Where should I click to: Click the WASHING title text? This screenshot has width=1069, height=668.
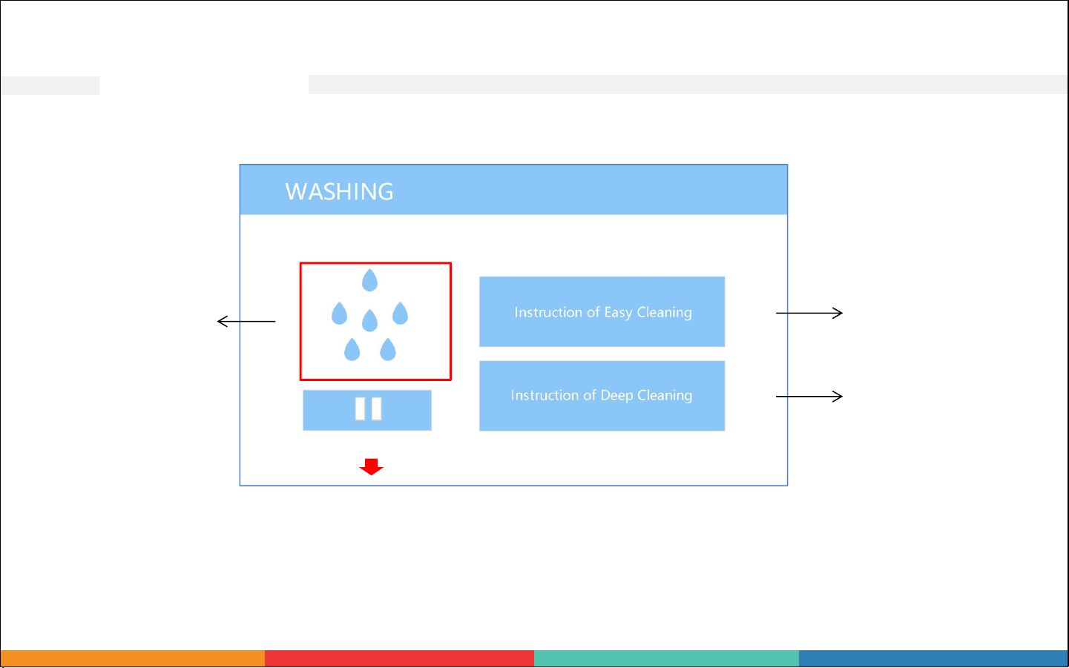339,192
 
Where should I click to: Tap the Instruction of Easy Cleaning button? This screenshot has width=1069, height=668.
602,311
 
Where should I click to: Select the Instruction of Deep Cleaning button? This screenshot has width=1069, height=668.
602,396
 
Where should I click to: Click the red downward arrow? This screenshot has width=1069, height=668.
371,467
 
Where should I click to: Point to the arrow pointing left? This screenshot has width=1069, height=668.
246,321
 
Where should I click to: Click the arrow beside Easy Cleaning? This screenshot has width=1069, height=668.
809,313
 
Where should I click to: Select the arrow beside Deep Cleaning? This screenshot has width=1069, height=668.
809,396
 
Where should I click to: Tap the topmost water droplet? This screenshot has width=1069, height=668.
370,280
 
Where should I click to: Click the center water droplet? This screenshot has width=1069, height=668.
370,320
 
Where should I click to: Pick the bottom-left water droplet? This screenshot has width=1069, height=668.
352,349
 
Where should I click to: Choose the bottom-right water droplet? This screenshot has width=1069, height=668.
388,349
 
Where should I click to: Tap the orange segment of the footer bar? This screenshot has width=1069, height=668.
133,658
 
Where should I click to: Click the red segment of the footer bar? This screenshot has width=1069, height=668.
399,658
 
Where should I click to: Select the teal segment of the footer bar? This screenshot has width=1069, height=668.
666,658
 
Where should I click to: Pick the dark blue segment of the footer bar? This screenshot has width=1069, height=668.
933,658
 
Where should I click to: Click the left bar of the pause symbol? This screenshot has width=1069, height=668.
361,409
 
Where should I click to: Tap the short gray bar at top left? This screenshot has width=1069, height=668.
50,85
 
